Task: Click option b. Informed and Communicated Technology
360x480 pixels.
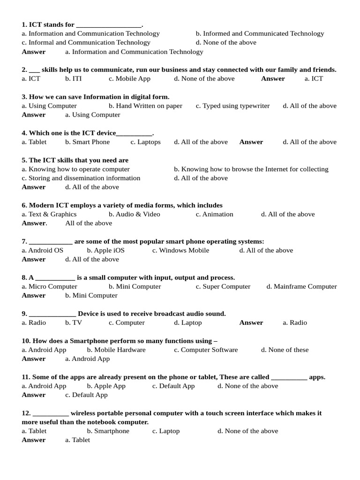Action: pyautogui.click(x=260, y=34)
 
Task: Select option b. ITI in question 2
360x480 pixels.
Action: pyautogui.click(x=74, y=79)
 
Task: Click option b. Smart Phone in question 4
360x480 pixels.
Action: pyautogui.click(x=88, y=142)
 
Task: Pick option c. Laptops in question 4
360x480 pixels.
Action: pyautogui.click(x=145, y=142)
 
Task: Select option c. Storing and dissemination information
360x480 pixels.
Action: pyautogui.click(x=81, y=178)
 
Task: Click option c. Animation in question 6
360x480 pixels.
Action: pyautogui.click(x=214, y=214)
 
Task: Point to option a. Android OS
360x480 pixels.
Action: pyautogui.click(x=42, y=250)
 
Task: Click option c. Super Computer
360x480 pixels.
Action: pyautogui.click(x=223, y=286)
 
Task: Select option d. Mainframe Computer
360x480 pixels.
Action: pyautogui.click(x=301, y=286)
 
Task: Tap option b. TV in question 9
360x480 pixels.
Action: pyautogui.click(x=74, y=322)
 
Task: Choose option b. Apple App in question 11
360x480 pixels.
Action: pyautogui.click(x=106, y=386)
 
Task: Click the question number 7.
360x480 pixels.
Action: pyautogui.click(x=24, y=241)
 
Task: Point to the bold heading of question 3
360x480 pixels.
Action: pyautogui.click(x=96, y=97)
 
